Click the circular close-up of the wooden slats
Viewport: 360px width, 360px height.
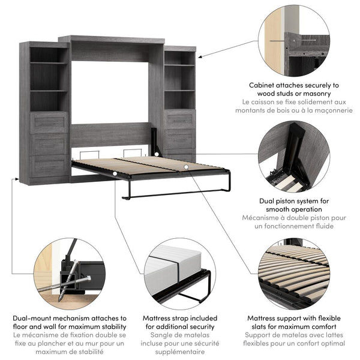tap(294, 273)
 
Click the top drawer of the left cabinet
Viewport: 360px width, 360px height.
tap(49, 122)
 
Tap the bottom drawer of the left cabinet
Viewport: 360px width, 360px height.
tap(49, 166)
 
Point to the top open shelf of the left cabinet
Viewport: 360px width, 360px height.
tap(49, 55)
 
